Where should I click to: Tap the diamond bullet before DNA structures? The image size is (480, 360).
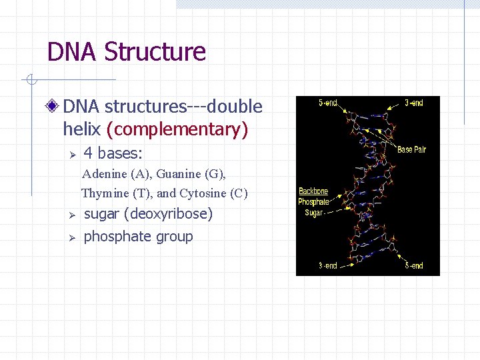(x=53, y=107)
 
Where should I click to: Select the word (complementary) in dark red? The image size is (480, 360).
(x=177, y=129)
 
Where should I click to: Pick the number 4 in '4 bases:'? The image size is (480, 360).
(x=88, y=153)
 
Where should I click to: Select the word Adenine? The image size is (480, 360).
(x=105, y=174)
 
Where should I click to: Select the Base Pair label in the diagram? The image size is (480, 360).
(x=411, y=149)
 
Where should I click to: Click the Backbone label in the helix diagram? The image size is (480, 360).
(x=313, y=191)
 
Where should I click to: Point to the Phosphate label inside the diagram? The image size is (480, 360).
(x=313, y=202)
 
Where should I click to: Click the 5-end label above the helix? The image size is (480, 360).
(x=327, y=103)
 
